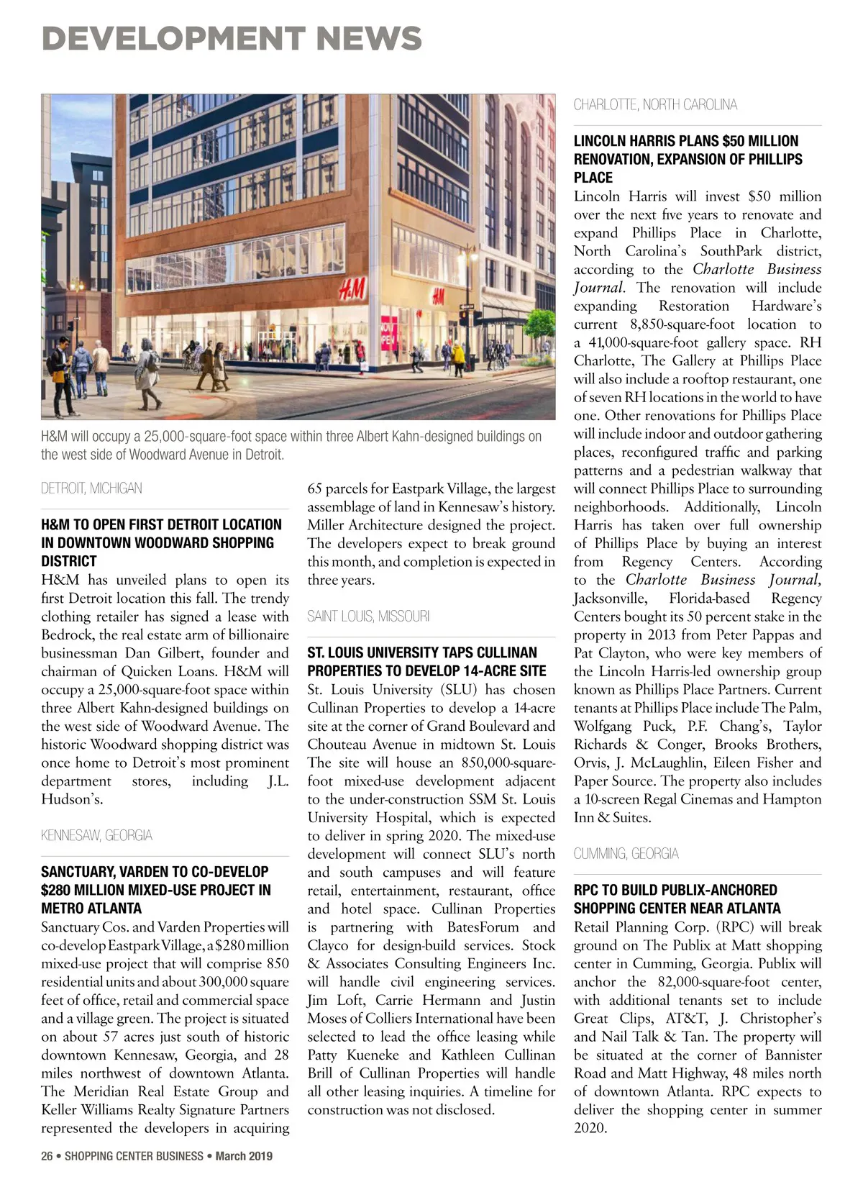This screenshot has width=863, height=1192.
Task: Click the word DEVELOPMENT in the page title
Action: [x=173, y=38]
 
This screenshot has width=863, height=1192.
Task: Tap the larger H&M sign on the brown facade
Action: [x=353, y=291]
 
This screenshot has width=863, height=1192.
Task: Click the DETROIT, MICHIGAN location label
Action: [x=91, y=488]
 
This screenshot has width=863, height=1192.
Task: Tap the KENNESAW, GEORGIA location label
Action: [x=96, y=835]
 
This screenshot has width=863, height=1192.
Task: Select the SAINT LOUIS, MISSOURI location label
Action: [x=368, y=617]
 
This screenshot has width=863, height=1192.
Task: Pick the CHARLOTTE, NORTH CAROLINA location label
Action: [x=655, y=105]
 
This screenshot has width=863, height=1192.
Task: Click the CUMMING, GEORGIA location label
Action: [x=626, y=854]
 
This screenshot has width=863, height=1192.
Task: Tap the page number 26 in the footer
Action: [x=47, y=1156]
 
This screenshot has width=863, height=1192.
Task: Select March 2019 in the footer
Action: [x=244, y=1156]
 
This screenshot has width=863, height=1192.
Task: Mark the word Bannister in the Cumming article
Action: [x=793, y=1055]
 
